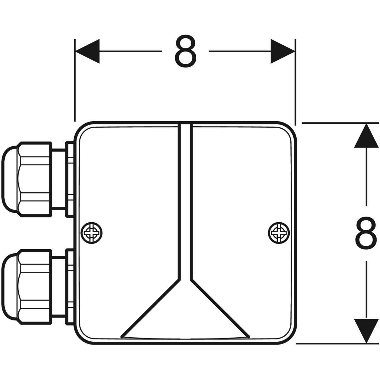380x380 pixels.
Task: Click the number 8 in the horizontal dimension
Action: coord(186,51)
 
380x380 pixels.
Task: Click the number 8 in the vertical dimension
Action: coord(366,233)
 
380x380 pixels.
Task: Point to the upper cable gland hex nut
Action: coord(35,179)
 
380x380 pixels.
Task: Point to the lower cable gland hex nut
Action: coord(35,287)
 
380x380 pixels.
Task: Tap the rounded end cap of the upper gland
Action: coord(9,179)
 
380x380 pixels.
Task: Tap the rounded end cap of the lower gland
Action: coord(9,287)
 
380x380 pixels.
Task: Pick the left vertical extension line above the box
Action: coord(75,79)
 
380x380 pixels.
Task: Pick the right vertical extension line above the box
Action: coord(295,79)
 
